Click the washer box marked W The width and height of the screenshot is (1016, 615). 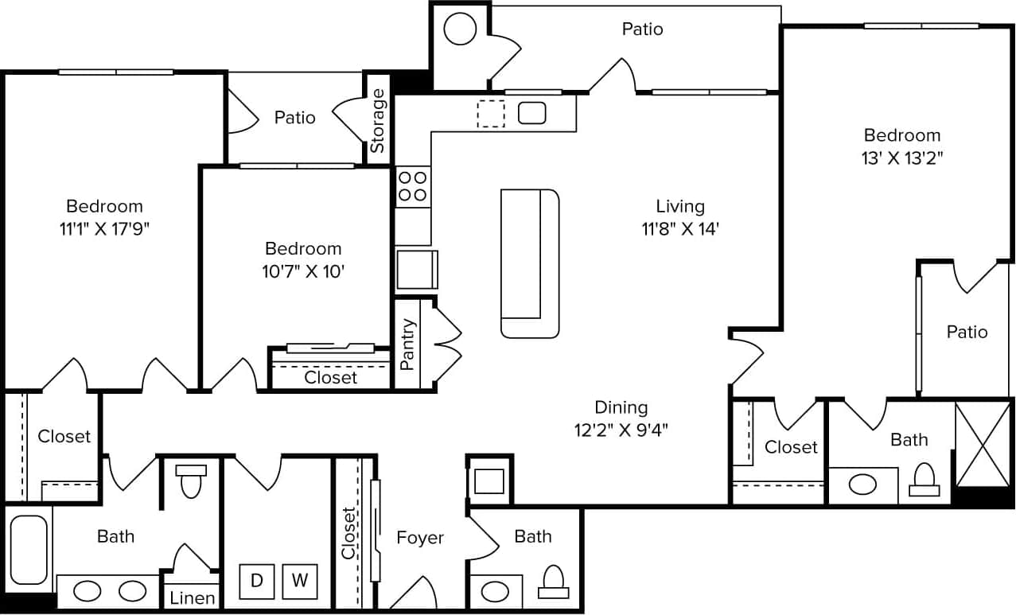coord(300,581)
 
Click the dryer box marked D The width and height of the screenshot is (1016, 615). coord(257,581)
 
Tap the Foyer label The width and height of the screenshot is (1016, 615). coord(420,538)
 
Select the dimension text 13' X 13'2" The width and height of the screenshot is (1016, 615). coord(902,158)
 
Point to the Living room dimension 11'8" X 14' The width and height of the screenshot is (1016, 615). coord(680,229)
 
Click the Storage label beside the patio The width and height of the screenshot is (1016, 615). coord(378,120)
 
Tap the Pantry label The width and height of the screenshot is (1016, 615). coord(408,344)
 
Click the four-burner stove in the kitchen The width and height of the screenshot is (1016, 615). coord(413,186)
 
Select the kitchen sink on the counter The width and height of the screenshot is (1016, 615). coord(531,113)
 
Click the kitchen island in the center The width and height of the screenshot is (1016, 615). coord(530,263)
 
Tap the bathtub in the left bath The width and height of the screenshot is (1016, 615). coord(28,549)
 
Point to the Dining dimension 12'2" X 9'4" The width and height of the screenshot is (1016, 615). coord(621,430)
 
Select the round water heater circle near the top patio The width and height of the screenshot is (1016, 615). coord(460,30)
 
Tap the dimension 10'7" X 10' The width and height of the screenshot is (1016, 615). coord(303,271)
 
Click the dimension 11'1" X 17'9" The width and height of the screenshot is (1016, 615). coord(104,229)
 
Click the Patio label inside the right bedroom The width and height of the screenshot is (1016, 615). coord(967,332)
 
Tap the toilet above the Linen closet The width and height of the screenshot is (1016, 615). coord(191,482)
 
